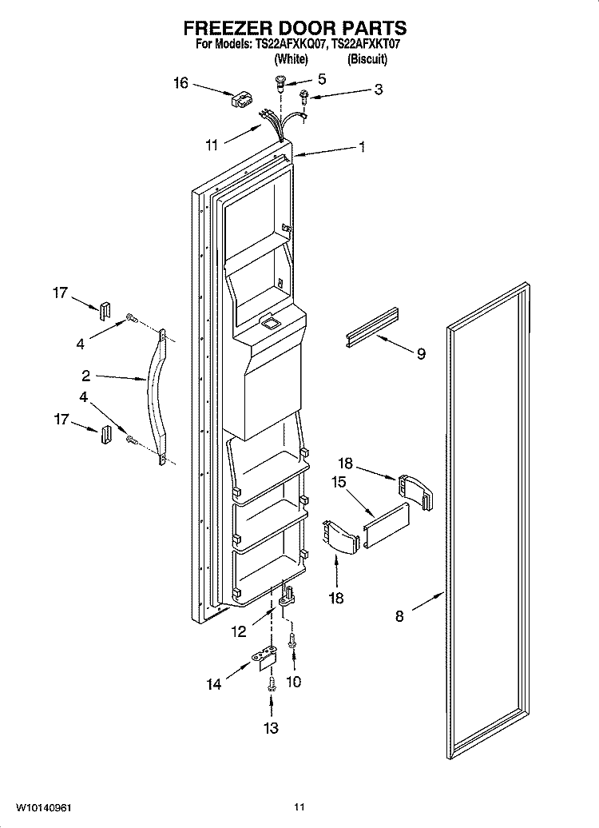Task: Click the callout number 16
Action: coord(180,83)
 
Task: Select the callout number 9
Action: coord(421,353)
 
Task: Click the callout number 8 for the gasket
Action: coord(399,615)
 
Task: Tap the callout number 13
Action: coord(271,728)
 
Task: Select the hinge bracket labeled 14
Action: coord(265,658)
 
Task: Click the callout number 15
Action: coord(339,482)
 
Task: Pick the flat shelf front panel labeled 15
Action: coord(386,524)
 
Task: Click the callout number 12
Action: coord(239,631)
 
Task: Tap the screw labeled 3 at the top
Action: coord(304,96)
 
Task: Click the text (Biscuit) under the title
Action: coord(367,59)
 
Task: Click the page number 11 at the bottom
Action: coord(299,807)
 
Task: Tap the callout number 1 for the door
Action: coord(362,147)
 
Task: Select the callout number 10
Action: coord(293,682)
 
